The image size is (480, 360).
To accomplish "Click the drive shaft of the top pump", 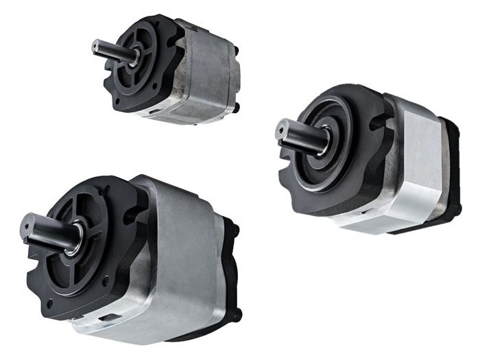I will click(x=110, y=50).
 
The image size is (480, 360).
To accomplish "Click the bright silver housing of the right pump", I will click(x=418, y=161).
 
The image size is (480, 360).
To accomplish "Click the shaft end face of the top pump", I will click(x=95, y=47).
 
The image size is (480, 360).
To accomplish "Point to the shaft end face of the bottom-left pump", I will click(x=29, y=224).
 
